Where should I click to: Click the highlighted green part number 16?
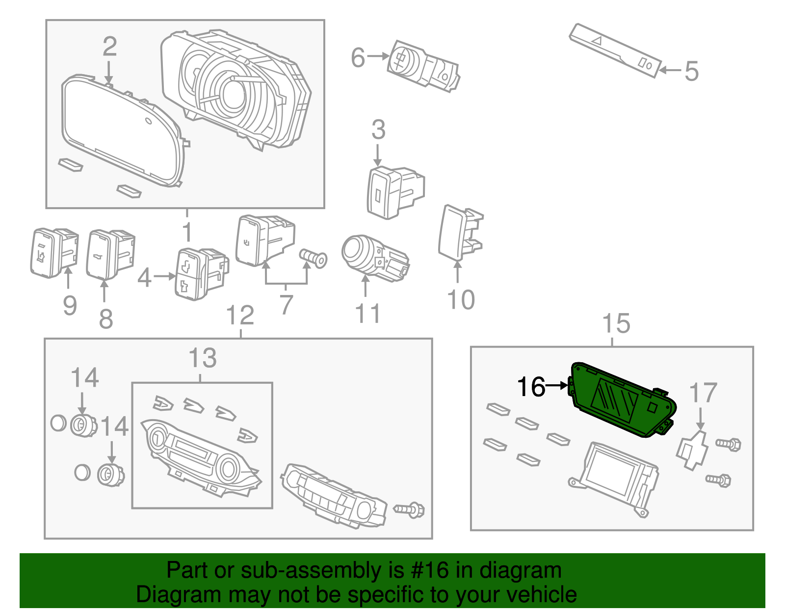tap(621, 400)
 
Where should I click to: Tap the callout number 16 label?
tap(531, 387)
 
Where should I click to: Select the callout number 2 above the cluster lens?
tap(109, 47)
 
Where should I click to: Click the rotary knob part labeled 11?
tap(373, 258)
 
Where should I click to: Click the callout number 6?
tap(358, 57)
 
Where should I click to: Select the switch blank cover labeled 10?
tap(459, 233)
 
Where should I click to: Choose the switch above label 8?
tap(109, 253)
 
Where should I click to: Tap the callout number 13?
tap(202, 358)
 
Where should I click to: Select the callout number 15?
tap(616, 324)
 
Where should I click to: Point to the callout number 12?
tap(240, 316)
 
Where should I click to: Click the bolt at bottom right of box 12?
tap(410, 510)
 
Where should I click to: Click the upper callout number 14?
tap(84, 378)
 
